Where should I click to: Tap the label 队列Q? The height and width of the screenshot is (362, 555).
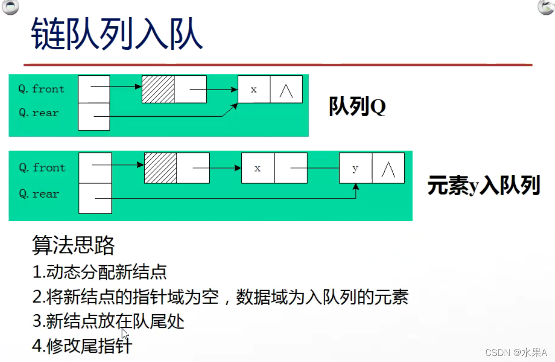tap(357, 106)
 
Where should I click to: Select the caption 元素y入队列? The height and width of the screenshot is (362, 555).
tap(484, 186)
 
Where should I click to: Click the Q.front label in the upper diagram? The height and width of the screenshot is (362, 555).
tap(41, 89)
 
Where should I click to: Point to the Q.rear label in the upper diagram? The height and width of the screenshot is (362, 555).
tap(39, 113)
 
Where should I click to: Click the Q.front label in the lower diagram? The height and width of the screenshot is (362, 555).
tap(42, 167)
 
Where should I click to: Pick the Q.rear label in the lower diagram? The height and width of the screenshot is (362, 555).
tap(39, 194)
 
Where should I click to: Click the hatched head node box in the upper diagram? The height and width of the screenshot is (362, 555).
tap(158, 89)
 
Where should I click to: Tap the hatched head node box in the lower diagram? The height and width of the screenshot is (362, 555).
tap(160, 168)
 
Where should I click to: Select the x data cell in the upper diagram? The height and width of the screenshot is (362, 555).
tap(254, 89)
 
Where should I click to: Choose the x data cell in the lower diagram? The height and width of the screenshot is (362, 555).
tap(258, 168)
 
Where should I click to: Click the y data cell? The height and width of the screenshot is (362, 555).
tap(355, 168)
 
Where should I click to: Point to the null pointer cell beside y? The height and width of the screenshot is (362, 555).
tap(388, 168)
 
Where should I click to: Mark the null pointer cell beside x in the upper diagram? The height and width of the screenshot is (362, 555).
tap(286, 89)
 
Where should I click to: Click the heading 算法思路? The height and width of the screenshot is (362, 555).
tap(73, 245)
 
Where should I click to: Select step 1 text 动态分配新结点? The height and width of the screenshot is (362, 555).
tap(100, 272)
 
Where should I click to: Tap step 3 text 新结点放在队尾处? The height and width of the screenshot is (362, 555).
tap(109, 321)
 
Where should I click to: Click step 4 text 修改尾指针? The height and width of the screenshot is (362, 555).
tap(82, 345)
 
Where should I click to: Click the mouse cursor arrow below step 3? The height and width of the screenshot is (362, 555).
tap(125, 334)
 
